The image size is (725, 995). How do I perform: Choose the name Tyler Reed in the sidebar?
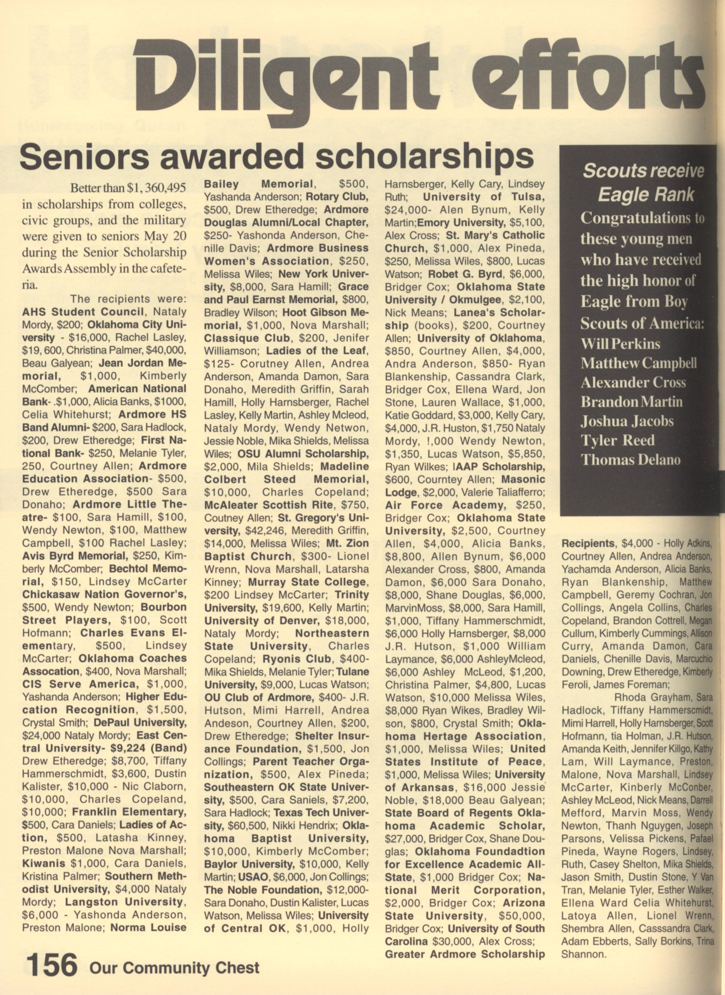(618, 440)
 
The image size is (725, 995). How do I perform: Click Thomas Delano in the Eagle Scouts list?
(631, 460)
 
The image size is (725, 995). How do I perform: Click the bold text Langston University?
(124, 902)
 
